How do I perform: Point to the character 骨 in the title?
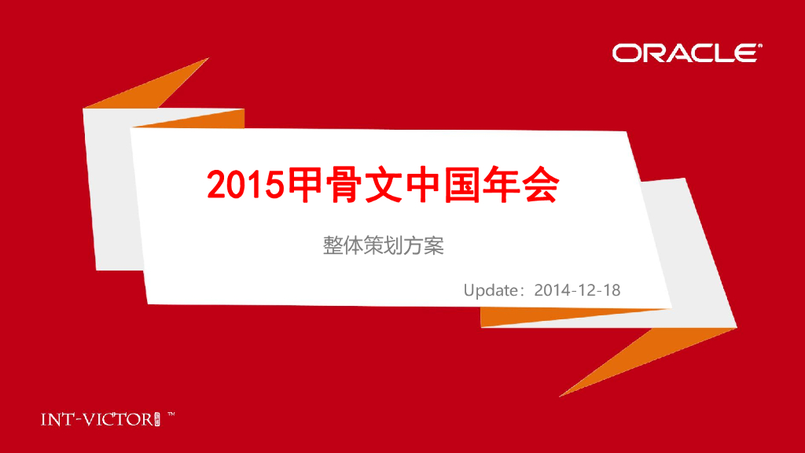tap(348, 184)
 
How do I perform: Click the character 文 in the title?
tap(391, 184)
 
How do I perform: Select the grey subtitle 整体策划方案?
tap(384, 245)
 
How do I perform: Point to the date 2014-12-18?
tap(577, 290)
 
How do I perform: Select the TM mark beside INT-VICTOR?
tap(171, 414)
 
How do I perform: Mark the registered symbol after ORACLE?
tap(759, 46)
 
